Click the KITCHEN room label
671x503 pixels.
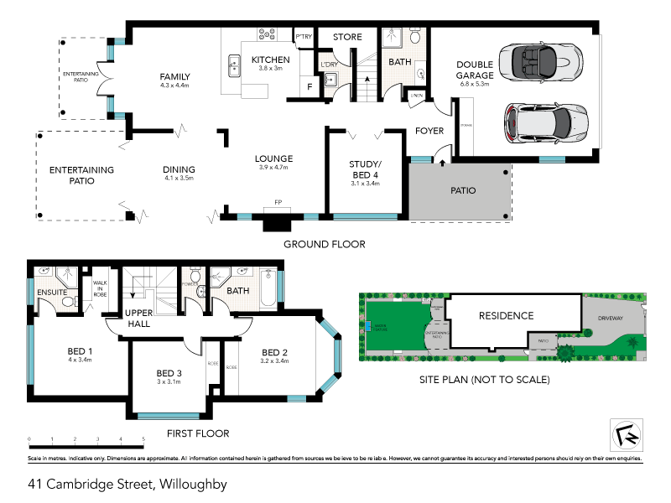(271, 60)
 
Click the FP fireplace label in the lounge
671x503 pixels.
(277, 202)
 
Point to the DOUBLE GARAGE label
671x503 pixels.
(473, 70)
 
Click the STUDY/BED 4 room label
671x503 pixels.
(365, 169)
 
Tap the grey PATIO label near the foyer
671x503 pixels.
(463, 190)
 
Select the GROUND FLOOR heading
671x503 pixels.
(324, 244)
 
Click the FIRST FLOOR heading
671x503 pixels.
(197, 433)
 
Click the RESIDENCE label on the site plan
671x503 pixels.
(506, 316)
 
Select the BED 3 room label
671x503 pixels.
(169, 373)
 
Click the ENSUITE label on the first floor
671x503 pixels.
(51, 293)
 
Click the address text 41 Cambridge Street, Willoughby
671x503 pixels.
(127, 484)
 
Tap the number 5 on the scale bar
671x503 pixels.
(144, 439)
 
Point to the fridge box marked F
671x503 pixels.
(309, 86)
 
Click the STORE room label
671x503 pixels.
(347, 37)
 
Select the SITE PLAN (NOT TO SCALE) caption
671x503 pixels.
(484, 380)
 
